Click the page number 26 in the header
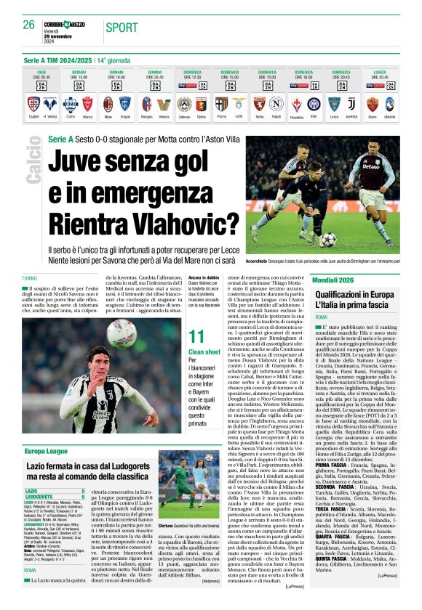[28, 25]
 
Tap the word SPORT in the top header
[120, 27]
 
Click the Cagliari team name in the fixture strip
[33, 117]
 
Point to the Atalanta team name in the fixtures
[390, 117]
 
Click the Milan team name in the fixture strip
[108, 117]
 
